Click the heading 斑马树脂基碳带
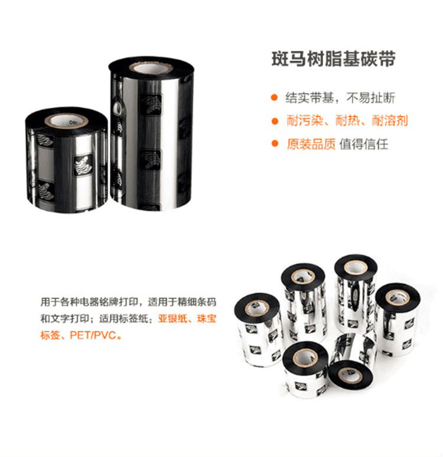click(x=333, y=59)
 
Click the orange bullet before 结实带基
click(x=274, y=98)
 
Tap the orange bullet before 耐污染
click(x=274, y=121)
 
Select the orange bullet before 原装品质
click(x=274, y=144)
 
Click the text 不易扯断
click(x=371, y=98)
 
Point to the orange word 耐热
click(x=347, y=121)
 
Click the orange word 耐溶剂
click(x=390, y=121)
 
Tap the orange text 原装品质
click(x=311, y=144)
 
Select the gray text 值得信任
click(x=364, y=144)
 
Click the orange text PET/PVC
click(x=93, y=335)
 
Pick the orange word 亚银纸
click(x=172, y=319)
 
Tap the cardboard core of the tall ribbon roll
click(x=151, y=69)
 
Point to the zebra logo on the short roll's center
click(x=83, y=165)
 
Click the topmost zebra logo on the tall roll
click(x=151, y=104)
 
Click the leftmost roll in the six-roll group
click(x=258, y=330)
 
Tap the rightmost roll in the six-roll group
click(x=398, y=319)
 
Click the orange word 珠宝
click(x=207, y=319)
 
